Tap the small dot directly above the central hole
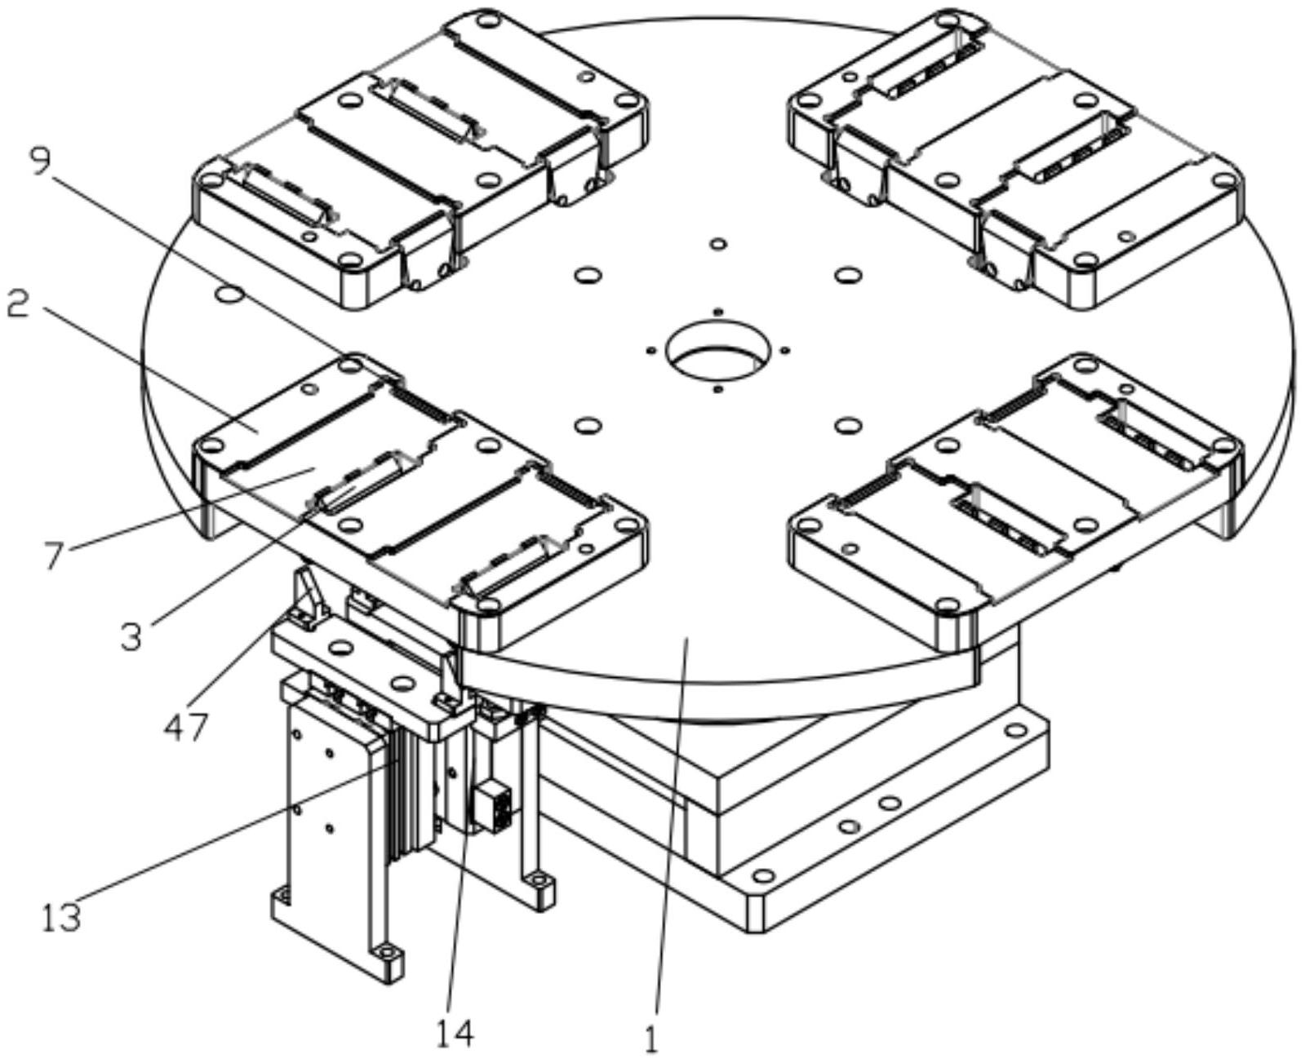719,311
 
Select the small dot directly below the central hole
718,389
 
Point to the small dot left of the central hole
650,351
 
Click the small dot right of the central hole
785,350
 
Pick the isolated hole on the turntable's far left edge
230,295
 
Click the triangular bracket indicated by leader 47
309,598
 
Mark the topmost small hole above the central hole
718,244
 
